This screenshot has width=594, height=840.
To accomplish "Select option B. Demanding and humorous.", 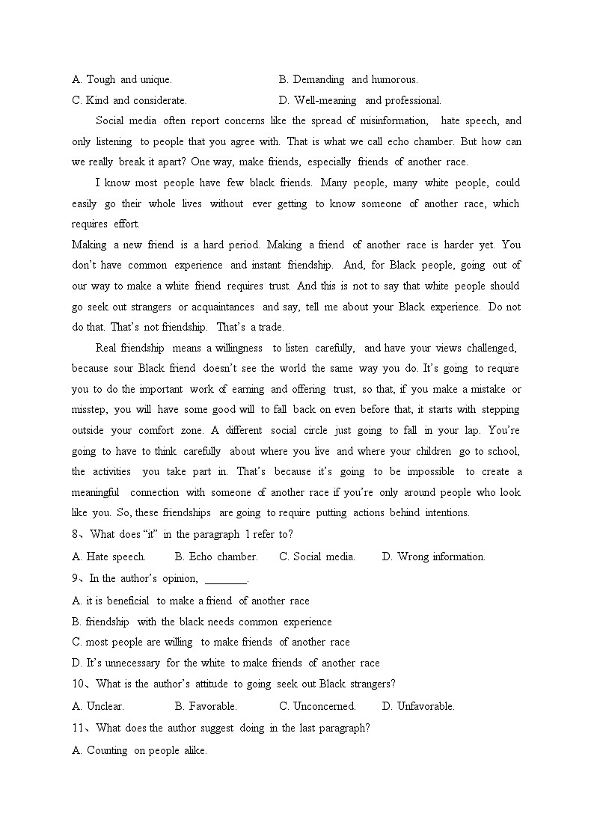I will [x=348, y=79].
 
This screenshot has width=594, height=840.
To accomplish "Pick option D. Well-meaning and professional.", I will [x=360, y=100].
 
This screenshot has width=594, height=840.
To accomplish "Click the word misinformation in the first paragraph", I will [x=394, y=121].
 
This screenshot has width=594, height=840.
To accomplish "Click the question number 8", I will [x=76, y=535].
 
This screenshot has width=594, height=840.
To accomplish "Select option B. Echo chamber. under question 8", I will [x=216, y=557].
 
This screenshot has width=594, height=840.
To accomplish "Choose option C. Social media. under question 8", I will [x=317, y=557].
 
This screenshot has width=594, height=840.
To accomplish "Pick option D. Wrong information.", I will [x=433, y=557].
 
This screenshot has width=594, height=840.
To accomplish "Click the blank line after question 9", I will [x=225, y=579].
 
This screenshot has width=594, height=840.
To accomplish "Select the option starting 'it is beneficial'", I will [x=191, y=601].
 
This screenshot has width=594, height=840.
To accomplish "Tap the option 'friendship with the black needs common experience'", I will [x=202, y=622].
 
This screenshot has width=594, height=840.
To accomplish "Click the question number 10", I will [x=80, y=684].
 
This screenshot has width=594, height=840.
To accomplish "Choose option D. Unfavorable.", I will [x=418, y=706].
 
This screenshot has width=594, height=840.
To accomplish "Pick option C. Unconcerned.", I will [x=317, y=706].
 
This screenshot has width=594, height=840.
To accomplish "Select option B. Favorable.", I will [x=206, y=706].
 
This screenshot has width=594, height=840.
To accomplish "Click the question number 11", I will [x=79, y=729].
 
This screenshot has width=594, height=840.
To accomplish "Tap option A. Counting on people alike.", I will [x=140, y=751].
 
